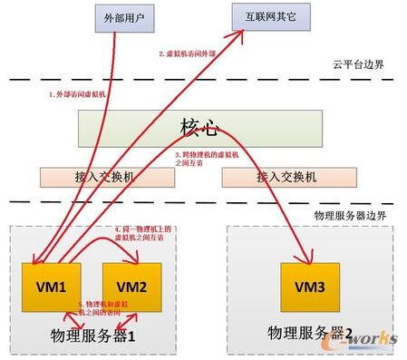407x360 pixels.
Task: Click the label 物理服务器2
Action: pos(307,333)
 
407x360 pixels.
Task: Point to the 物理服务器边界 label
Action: pos(348,215)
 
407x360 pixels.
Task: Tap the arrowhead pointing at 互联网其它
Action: pos(244,34)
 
